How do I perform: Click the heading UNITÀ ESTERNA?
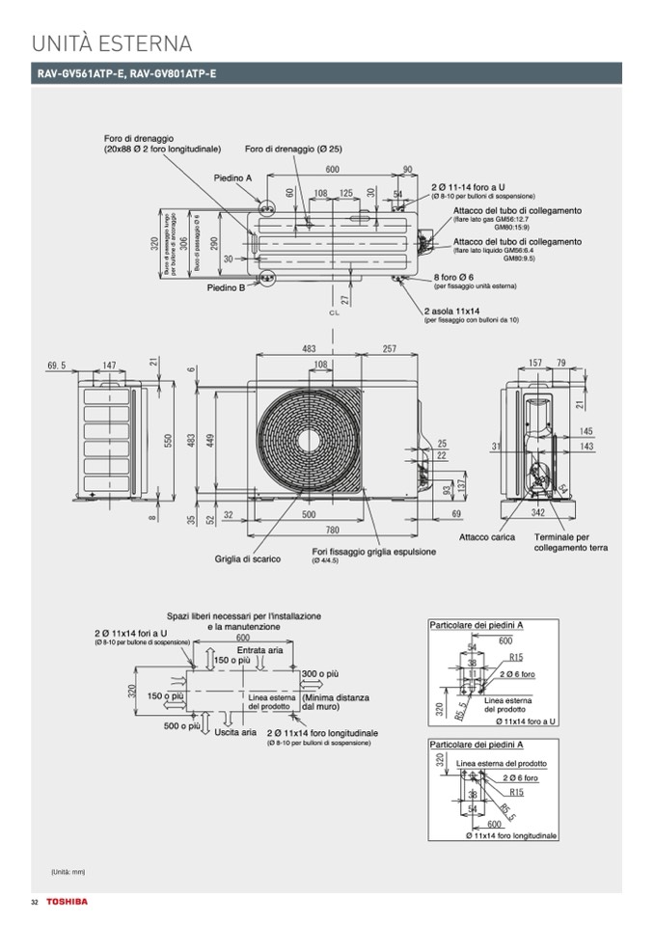(112, 43)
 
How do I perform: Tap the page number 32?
(34, 902)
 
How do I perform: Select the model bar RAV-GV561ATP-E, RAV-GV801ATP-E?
(126, 74)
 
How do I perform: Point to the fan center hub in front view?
(311, 437)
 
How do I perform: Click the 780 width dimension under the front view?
(332, 530)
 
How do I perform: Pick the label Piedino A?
(232, 178)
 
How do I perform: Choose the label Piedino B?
(226, 287)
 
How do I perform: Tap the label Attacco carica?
(487, 537)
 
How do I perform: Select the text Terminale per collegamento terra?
(570, 542)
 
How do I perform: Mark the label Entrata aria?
(259, 650)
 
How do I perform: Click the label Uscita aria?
(236, 732)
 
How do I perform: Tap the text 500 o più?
(182, 725)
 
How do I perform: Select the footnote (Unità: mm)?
(68, 872)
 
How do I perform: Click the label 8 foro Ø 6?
(452, 278)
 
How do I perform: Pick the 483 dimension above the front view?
(309, 348)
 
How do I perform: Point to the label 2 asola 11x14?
(452, 311)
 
